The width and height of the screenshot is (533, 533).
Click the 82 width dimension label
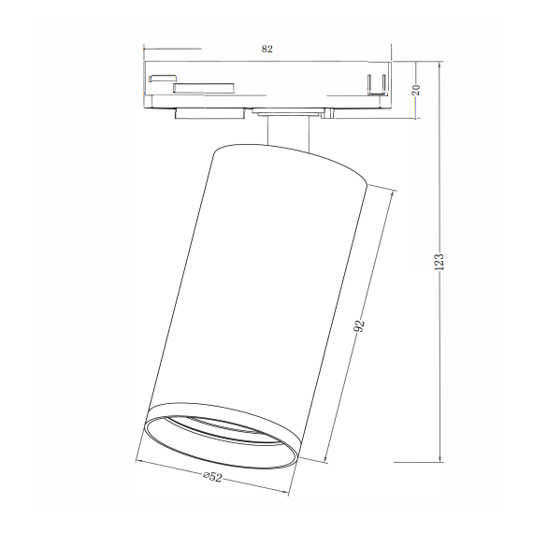(266, 49)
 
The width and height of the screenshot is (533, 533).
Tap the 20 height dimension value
(416, 90)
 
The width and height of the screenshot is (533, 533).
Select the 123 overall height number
(439, 262)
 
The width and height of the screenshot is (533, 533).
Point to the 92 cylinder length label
(360, 326)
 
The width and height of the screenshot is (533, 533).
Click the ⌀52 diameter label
(213, 477)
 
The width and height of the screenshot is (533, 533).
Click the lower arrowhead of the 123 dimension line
(440, 459)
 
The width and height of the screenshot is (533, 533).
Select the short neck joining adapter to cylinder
(288, 134)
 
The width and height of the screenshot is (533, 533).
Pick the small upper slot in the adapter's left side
(163, 78)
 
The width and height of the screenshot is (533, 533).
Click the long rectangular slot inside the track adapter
(204, 88)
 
